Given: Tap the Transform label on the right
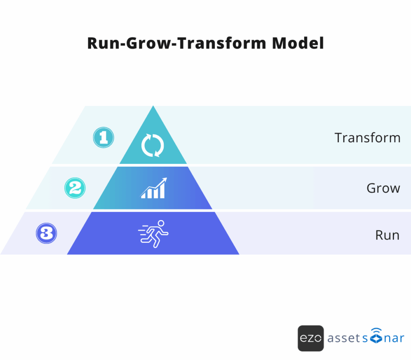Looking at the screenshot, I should tap(367, 138).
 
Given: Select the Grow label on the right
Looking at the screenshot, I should tap(383, 188).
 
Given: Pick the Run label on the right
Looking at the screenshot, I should tap(387, 235).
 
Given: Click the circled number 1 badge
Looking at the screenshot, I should tap(104, 138).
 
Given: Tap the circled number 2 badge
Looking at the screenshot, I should tap(75, 188).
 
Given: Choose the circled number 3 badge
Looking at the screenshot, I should tap(47, 233).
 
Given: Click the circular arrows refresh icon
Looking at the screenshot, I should tap(153, 145).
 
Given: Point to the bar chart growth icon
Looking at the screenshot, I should tap(153, 188).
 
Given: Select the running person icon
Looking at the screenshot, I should tap(153, 233).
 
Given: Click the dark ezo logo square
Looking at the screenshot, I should tap(311, 338).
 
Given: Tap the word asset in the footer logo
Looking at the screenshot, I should tap(342, 338).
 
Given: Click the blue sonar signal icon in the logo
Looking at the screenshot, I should tap(375, 337).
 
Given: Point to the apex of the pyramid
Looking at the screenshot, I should tap(153, 107).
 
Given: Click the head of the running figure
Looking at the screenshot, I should tap(161, 223).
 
